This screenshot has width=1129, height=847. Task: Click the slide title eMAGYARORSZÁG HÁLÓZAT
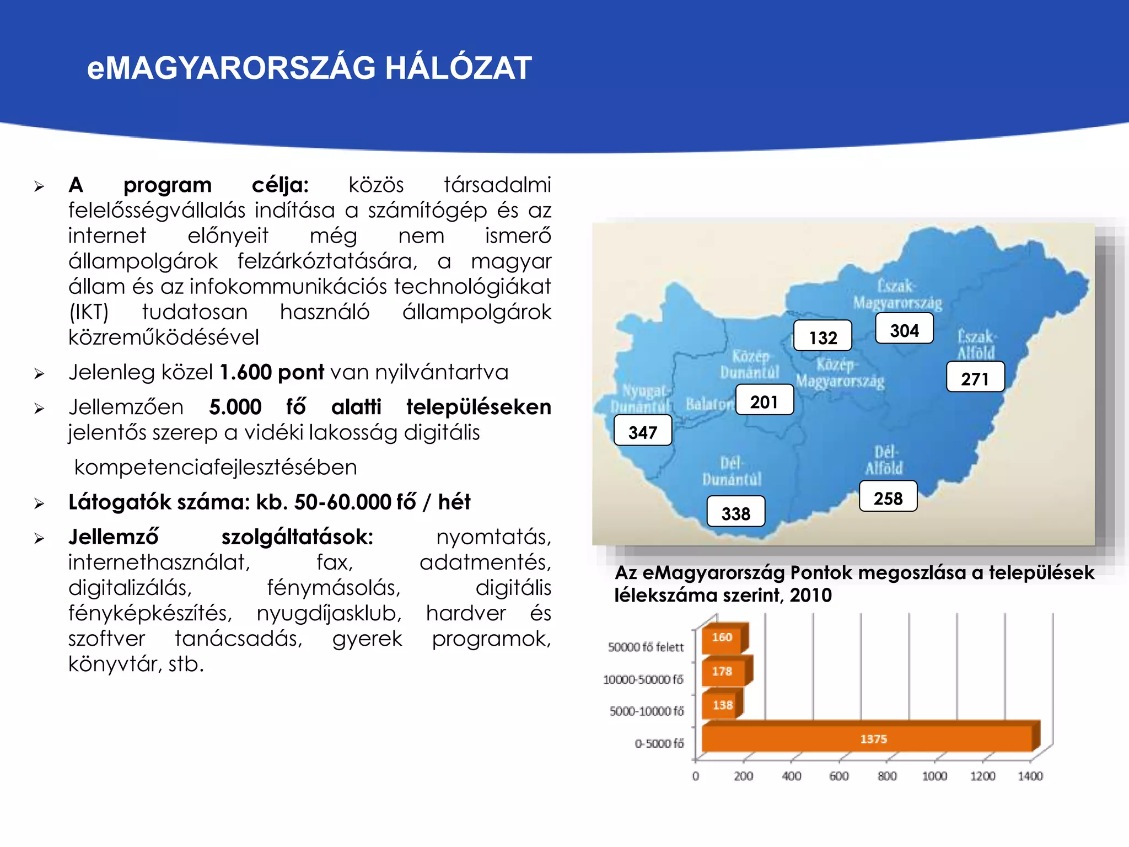point(309,68)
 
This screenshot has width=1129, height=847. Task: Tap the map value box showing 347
point(643,431)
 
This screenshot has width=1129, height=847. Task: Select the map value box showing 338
point(736,512)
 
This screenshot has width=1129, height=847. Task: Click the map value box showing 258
point(888,496)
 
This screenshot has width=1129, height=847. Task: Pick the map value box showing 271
point(975,377)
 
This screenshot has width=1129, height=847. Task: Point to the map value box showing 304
point(904,329)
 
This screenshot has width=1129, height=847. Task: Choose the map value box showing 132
point(822,336)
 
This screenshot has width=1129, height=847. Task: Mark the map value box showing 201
point(764,400)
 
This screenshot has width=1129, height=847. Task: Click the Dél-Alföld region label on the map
point(884,460)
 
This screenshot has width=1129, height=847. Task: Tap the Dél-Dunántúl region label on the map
point(732,471)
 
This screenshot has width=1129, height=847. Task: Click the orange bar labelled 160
point(722,638)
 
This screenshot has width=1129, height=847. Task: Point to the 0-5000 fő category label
point(659,744)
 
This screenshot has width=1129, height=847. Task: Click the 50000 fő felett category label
point(646,647)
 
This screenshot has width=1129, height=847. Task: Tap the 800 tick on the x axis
point(887,776)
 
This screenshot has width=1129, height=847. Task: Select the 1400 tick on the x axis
point(1030,776)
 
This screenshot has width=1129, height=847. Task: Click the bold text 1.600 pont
point(272,373)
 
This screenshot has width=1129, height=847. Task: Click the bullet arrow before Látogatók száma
point(39,503)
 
